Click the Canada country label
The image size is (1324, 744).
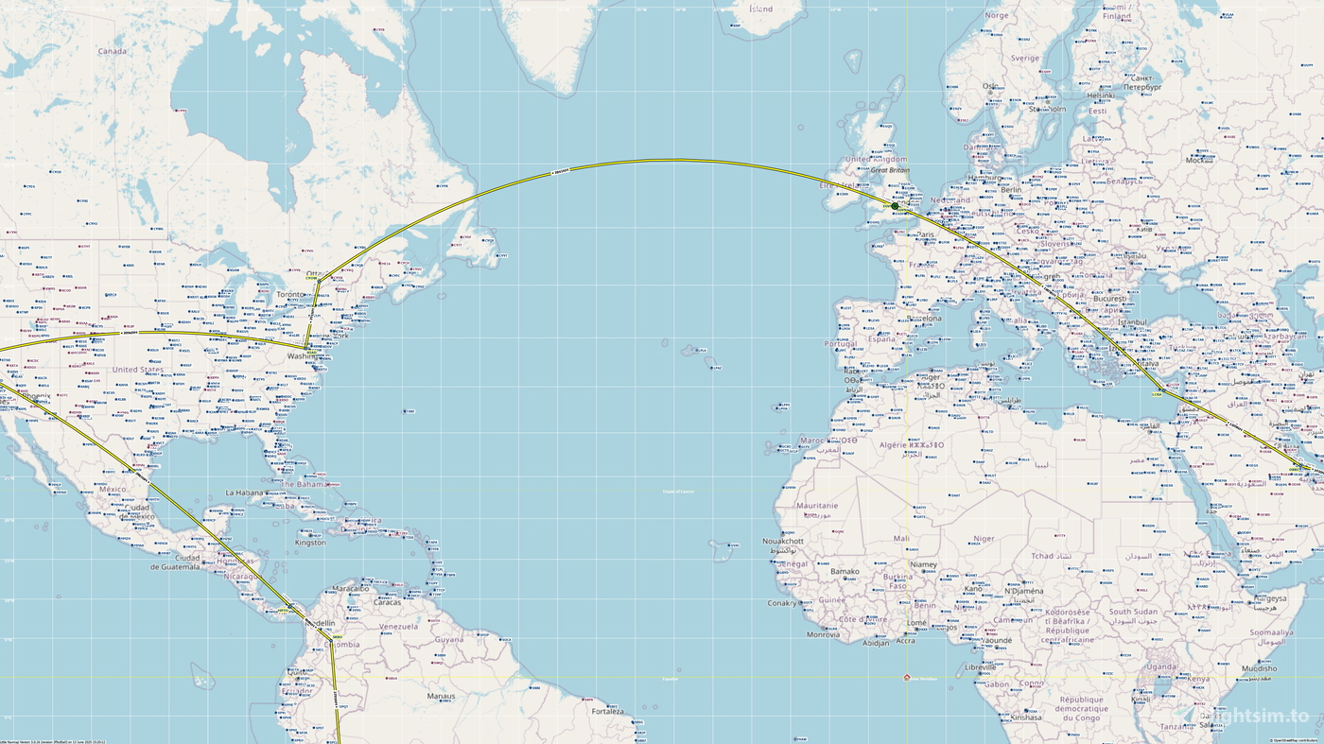pyautogui.click(x=112, y=51)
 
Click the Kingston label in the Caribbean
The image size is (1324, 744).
pyautogui.click(x=310, y=543)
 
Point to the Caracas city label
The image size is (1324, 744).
pyautogui.click(x=388, y=602)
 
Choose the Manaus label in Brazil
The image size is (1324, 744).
pyautogui.click(x=441, y=696)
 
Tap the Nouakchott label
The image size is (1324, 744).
pyautogui.click(x=783, y=541)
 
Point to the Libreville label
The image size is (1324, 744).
pyautogui.click(x=980, y=667)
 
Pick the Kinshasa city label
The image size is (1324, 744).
pyautogui.click(x=1024, y=717)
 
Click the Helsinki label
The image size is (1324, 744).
pyautogui.click(x=1101, y=95)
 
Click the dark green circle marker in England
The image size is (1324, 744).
pyautogui.click(x=895, y=206)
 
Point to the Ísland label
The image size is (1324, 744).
pyautogui.click(x=760, y=9)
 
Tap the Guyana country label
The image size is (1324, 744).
pyautogui.click(x=450, y=639)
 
